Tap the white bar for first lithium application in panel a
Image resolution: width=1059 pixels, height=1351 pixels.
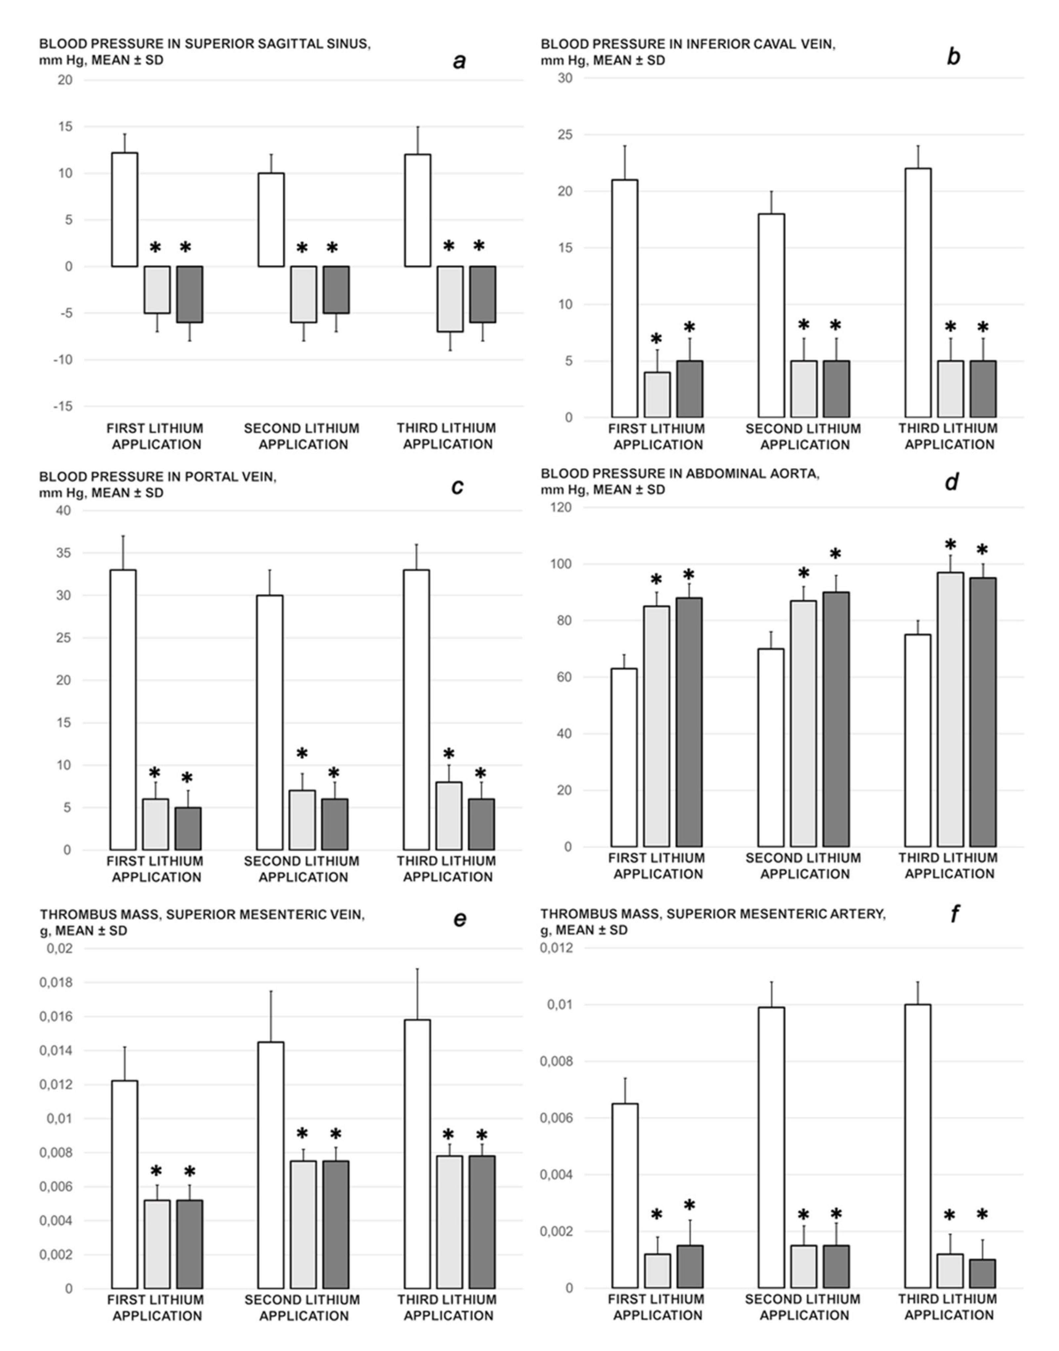pos(125,210)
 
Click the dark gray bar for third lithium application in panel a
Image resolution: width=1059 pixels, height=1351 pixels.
pos(482,294)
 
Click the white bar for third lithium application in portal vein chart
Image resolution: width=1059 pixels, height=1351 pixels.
pos(416,710)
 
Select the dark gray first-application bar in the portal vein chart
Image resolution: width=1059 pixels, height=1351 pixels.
pos(188,829)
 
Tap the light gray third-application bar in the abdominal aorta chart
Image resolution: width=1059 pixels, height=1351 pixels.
pos(950,710)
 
